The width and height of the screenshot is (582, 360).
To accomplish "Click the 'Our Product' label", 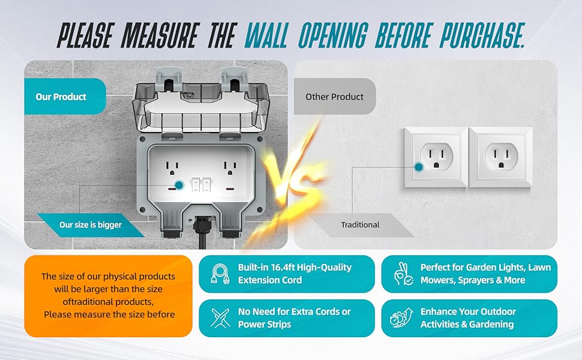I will click(61, 97).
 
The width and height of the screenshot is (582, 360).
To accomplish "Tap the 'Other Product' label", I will click(334, 97).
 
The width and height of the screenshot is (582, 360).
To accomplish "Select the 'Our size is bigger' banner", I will click(91, 225).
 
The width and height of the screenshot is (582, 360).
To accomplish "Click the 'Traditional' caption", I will click(360, 225).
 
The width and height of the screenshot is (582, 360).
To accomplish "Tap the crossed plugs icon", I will click(220, 318).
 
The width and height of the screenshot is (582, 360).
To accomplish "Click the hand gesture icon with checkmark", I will click(403, 274).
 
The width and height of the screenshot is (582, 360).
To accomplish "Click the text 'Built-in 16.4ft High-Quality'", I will click(295, 267).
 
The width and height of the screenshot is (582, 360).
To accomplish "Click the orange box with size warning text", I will click(108, 296).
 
